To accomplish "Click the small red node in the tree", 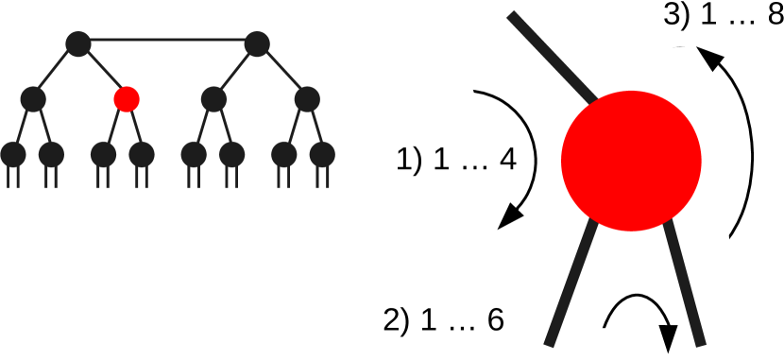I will [x=127, y=97].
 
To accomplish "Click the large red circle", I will [x=631, y=160].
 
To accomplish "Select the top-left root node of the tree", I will [x=78, y=43].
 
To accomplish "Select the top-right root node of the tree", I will [x=257, y=43].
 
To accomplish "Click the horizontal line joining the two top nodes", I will [x=167, y=42].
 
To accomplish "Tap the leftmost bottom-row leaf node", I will [x=13, y=152].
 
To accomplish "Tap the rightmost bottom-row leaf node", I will [x=323, y=152].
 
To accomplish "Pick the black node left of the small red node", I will [x=33, y=97].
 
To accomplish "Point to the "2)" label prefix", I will [x=396, y=319].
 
